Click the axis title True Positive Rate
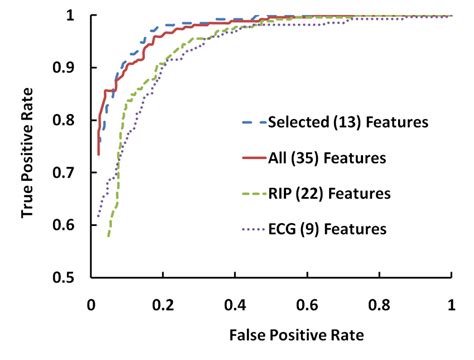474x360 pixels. [x=22, y=147]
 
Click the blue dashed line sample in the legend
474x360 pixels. [x=254, y=122]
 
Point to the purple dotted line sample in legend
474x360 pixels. [x=254, y=229]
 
